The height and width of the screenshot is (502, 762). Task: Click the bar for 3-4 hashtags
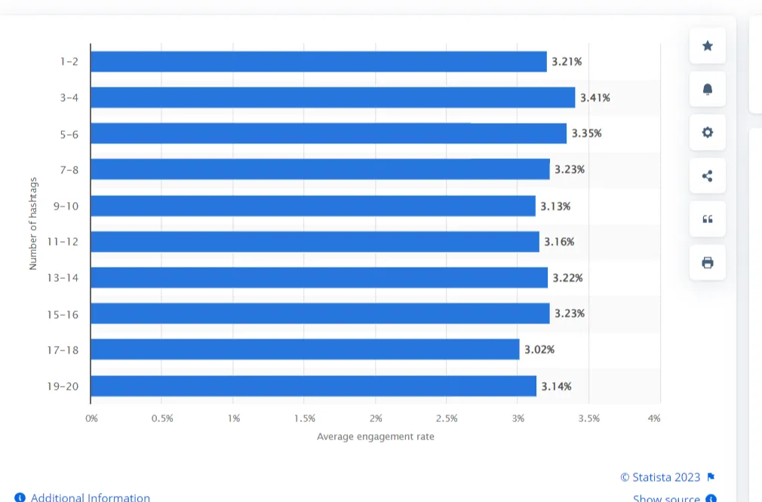[332, 97]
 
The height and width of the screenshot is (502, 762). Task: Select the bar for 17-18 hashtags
[305, 349]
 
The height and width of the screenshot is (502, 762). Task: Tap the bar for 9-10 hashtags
[312, 206]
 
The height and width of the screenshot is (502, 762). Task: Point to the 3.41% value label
[595, 97]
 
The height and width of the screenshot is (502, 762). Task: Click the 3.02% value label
[539, 350]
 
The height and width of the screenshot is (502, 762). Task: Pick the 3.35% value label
[586, 133]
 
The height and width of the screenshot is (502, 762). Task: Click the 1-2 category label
[69, 61]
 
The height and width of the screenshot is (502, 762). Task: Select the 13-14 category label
[63, 278]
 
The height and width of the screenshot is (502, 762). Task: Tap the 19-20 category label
[63, 386]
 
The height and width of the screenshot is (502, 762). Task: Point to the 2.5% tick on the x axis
[447, 418]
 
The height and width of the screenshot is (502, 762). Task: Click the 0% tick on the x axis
[91, 418]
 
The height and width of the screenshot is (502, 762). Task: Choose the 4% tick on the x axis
[654, 418]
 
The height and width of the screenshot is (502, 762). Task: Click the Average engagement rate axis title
[375, 436]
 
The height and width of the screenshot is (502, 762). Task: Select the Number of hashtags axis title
[33, 224]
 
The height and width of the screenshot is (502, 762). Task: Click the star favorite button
[708, 46]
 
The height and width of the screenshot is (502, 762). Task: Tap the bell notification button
[708, 90]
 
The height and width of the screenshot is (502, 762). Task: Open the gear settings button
[708, 133]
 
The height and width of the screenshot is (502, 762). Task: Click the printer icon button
[708, 263]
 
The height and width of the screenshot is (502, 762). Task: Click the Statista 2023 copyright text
[660, 477]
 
